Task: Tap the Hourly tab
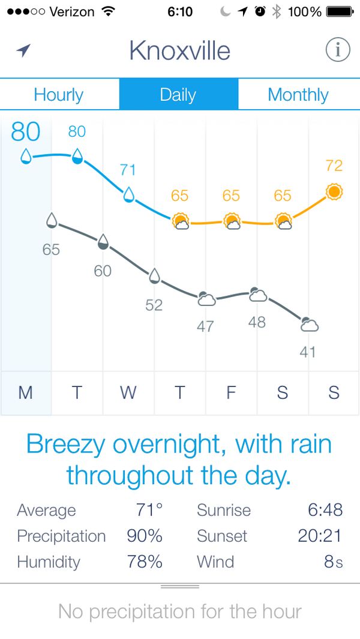59,95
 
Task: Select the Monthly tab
298,95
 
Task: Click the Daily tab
178,95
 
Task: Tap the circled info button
338,50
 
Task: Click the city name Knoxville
179,51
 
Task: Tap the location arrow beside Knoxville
23,50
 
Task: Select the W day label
128,392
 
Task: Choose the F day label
231,392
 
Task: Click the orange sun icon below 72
334,192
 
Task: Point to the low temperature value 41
308,352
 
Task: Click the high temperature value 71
128,170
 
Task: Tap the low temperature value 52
154,305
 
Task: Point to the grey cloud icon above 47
206,298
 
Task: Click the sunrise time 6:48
325,510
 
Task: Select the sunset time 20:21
320,536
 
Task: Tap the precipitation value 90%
145,536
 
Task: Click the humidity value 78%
145,562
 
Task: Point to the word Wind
215,562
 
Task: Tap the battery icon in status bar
340,11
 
